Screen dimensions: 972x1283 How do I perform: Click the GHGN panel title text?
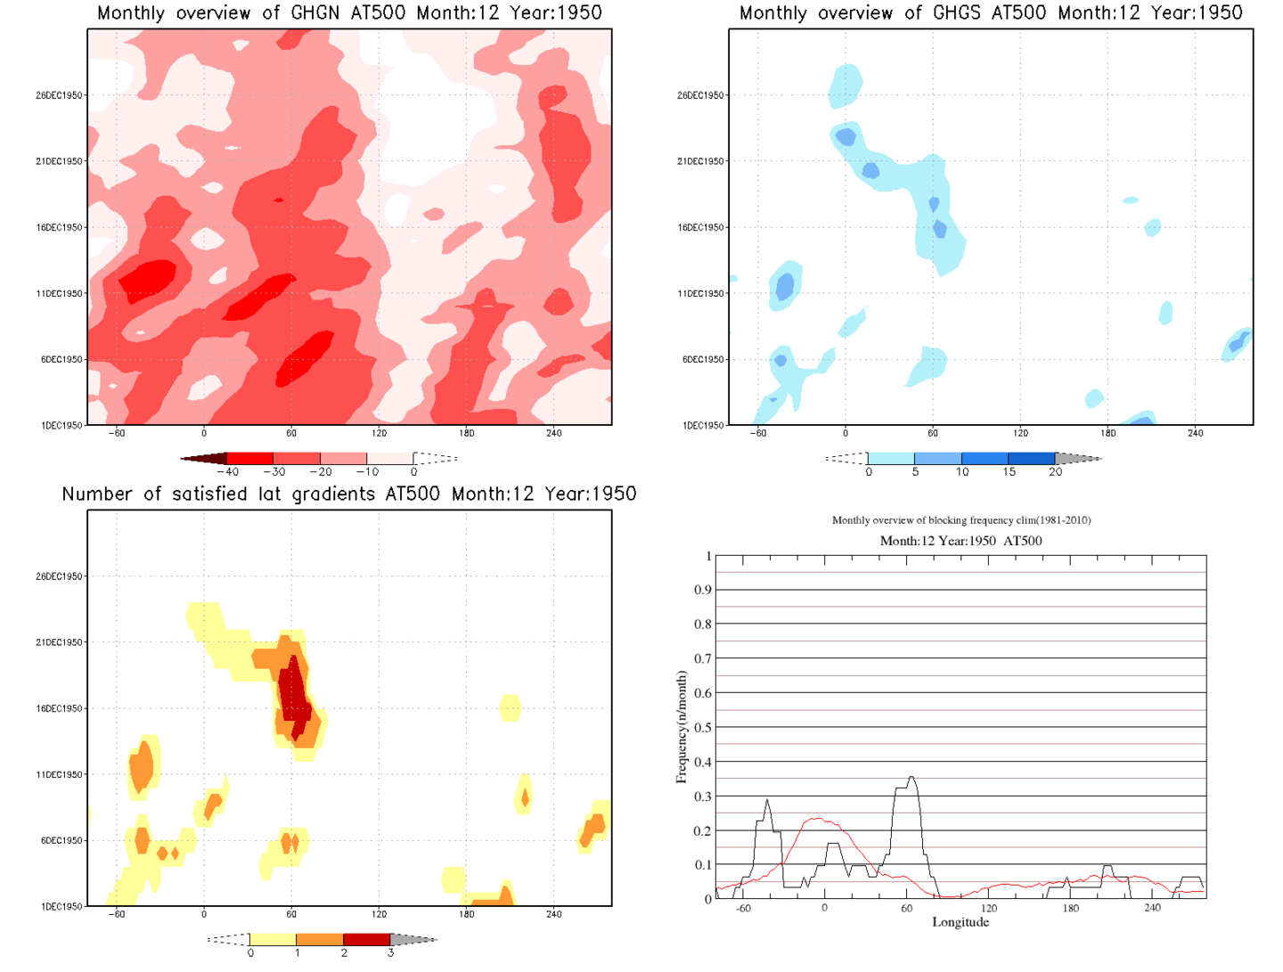[349, 13]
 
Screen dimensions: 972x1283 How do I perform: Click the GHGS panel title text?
[991, 13]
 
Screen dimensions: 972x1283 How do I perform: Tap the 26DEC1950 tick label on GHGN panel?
[59, 95]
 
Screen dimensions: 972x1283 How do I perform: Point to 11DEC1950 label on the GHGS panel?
[700, 293]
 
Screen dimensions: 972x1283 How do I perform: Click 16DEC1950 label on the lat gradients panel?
[59, 708]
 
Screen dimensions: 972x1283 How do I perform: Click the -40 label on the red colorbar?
[228, 472]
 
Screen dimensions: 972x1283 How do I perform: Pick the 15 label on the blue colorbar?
[1009, 472]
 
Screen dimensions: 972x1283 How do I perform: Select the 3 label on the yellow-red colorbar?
[390, 953]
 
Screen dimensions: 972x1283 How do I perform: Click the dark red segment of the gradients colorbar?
[366, 939]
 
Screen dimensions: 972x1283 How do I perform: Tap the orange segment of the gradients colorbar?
[319, 939]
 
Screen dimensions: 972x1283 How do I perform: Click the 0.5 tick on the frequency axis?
[703, 728]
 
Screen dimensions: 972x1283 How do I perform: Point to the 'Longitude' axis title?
[960, 922]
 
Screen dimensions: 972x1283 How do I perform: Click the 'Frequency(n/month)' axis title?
[682, 727]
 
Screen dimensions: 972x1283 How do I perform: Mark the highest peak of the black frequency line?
[911, 778]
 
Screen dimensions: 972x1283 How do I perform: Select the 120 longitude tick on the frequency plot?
[988, 909]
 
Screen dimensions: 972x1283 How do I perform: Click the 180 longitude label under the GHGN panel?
[466, 433]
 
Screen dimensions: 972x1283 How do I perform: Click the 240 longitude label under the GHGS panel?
[1195, 433]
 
